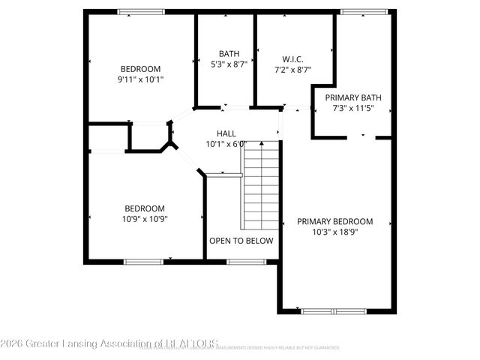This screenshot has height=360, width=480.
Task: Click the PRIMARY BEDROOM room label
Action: click(x=334, y=221)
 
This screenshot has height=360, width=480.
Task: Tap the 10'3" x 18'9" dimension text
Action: click(x=334, y=232)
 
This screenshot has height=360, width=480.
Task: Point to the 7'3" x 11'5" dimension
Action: click(x=352, y=109)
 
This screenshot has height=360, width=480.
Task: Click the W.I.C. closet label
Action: click(x=292, y=59)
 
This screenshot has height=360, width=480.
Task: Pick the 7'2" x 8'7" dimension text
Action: click(x=292, y=70)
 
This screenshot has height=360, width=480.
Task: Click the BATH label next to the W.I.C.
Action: click(x=229, y=53)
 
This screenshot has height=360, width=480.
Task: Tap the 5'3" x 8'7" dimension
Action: click(x=229, y=64)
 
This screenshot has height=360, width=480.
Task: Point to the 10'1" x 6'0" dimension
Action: click(x=226, y=144)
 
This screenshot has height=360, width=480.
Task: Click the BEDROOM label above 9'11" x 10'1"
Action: click(x=140, y=68)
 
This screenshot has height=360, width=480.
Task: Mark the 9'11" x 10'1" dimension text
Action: click(x=140, y=79)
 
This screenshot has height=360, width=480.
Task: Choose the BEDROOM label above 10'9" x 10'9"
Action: click(x=145, y=208)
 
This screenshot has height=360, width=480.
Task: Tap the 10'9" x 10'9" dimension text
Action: click(x=145, y=220)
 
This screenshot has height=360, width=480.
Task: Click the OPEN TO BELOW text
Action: click(x=241, y=241)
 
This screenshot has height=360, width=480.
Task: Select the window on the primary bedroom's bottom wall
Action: click(x=335, y=310)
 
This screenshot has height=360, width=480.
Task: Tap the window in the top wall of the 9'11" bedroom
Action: click(x=141, y=12)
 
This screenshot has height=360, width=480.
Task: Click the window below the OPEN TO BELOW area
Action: click(x=241, y=261)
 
